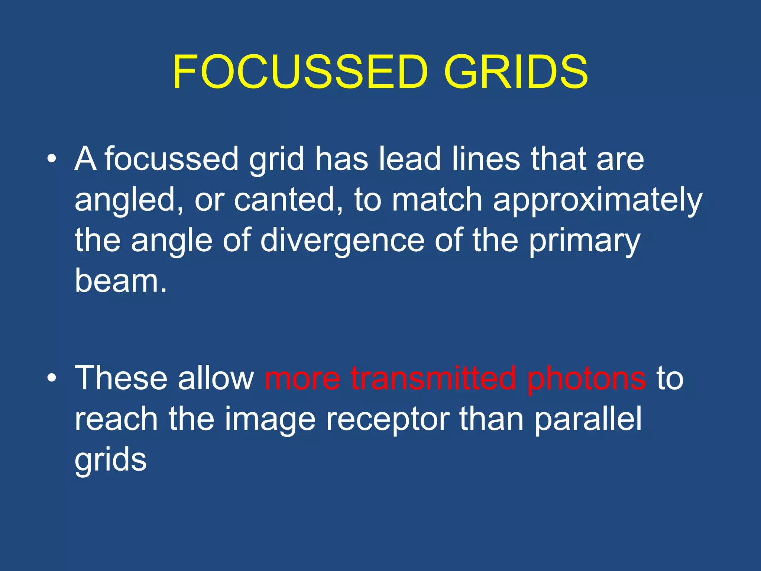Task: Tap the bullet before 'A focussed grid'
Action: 52,159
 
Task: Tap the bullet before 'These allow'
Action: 52,378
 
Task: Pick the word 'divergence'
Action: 342,241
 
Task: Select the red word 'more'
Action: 302,378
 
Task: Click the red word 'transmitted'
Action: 433,378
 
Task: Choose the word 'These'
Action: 121,378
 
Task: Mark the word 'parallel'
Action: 588,419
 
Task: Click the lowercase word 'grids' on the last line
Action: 110,460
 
